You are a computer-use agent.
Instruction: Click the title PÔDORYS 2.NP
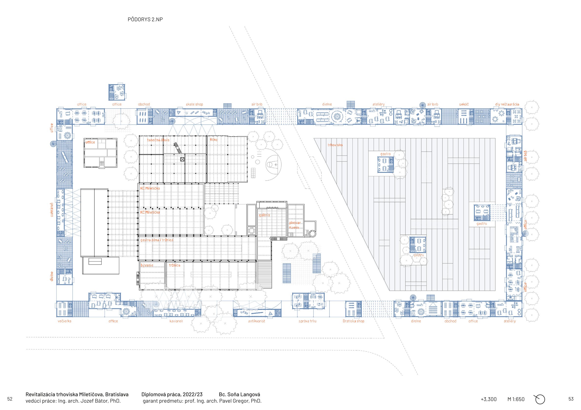145,19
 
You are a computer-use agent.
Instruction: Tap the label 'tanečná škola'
158,140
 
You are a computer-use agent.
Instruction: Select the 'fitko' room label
213,140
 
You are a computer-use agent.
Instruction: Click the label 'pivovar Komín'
295,225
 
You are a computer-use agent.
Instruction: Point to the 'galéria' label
264,215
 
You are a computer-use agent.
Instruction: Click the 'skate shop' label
194,104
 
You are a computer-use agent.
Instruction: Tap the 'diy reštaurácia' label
507,104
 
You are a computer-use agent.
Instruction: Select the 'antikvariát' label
256,321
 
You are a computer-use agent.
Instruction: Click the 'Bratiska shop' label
353,321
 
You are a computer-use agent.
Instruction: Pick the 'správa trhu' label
307,321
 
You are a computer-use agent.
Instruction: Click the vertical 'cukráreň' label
52,210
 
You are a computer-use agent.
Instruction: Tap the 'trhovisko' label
335,145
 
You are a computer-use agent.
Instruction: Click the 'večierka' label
64,321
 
